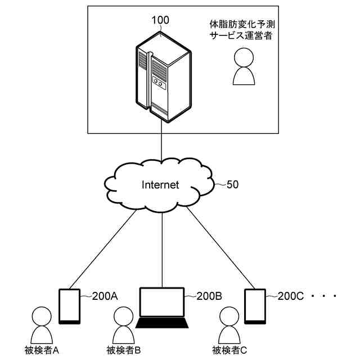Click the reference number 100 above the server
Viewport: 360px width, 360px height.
point(160,20)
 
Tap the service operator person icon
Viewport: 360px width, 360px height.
point(245,66)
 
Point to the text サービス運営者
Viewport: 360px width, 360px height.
point(241,35)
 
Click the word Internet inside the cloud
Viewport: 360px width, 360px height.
point(160,184)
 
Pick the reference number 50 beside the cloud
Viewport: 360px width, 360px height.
point(232,183)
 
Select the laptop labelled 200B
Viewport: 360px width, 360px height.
point(162,308)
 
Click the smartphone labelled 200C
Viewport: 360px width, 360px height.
point(255,306)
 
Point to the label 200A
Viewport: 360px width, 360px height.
point(104,296)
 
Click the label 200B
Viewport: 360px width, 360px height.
point(209,296)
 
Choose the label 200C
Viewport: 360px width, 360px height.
point(291,296)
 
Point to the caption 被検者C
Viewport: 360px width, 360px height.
point(229,350)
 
